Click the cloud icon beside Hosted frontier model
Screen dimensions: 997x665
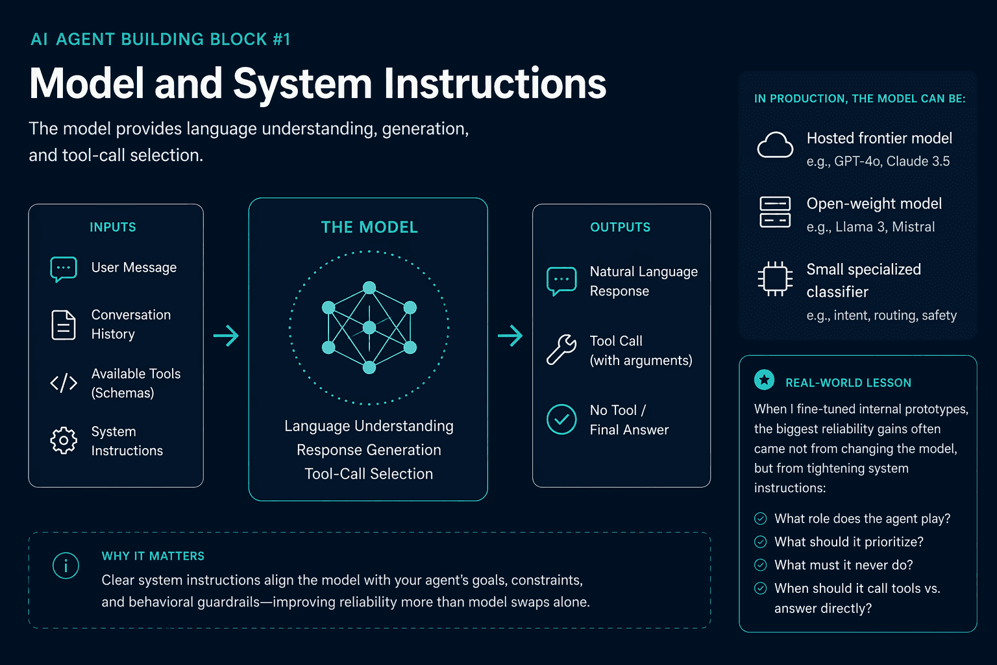coord(775,145)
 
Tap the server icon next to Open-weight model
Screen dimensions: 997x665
coord(775,212)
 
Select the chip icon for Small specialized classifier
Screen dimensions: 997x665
coord(775,279)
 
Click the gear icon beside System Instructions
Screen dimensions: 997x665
coord(64,440)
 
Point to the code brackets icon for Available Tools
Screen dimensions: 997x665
coord(64,383)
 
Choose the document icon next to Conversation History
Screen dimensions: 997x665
coord(64,325)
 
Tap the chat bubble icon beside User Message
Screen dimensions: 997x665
coord(64,269)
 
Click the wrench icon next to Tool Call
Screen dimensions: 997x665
coord(561,350)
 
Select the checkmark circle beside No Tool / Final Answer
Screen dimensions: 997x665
coord(561,419)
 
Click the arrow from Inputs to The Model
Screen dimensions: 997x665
coord(226,336)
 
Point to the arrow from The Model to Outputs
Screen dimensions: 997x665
coord(510,336)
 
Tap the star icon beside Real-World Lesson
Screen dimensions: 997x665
coord(764,380)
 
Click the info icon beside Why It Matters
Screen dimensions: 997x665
coord(66,566)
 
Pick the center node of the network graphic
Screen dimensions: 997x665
coord(369,328)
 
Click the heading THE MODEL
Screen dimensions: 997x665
coord(369,227)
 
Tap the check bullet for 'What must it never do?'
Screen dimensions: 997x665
coord(761,565)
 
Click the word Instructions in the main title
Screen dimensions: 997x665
coord(495,84)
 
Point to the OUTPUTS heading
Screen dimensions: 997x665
coord(621,227)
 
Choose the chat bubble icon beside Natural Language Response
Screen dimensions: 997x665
coord(561,281)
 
